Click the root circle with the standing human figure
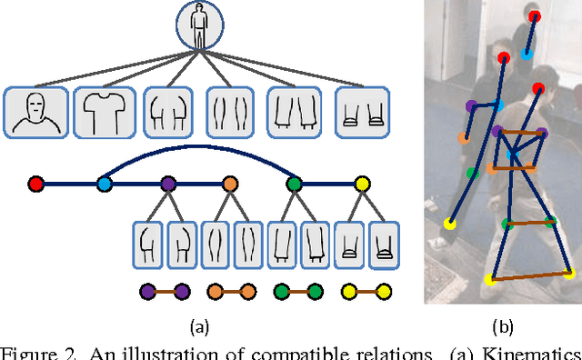tap(199, 24)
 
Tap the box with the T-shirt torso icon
tap(102, 113)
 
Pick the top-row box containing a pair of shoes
tap(362, 113)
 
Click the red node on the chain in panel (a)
tap(35, 185)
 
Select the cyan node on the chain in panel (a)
tap(104, 185)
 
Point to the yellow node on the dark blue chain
tap(362, 185)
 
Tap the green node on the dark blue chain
tap(294, 185)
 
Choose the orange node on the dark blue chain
tap(229, 185)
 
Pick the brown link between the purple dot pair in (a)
tap(165, 292)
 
